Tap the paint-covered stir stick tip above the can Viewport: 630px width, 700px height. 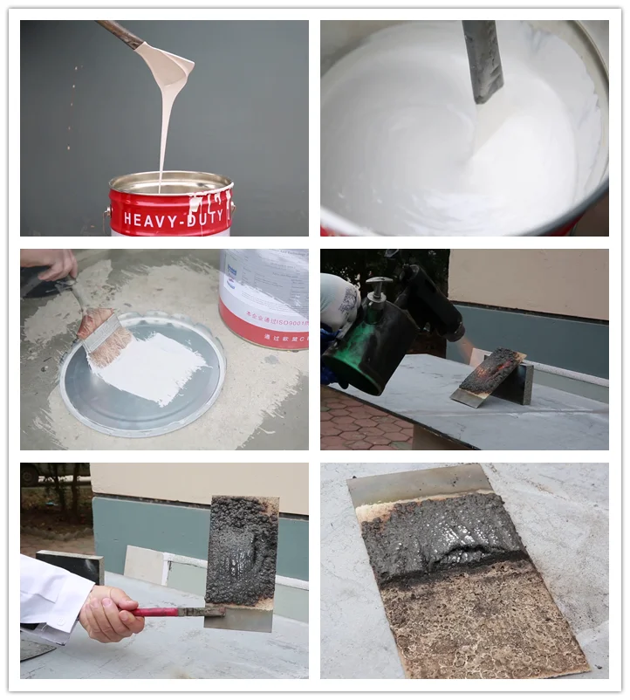171,65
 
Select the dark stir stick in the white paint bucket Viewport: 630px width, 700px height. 483,61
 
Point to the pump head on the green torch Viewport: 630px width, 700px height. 378,289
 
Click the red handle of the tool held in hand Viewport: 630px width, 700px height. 157,612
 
